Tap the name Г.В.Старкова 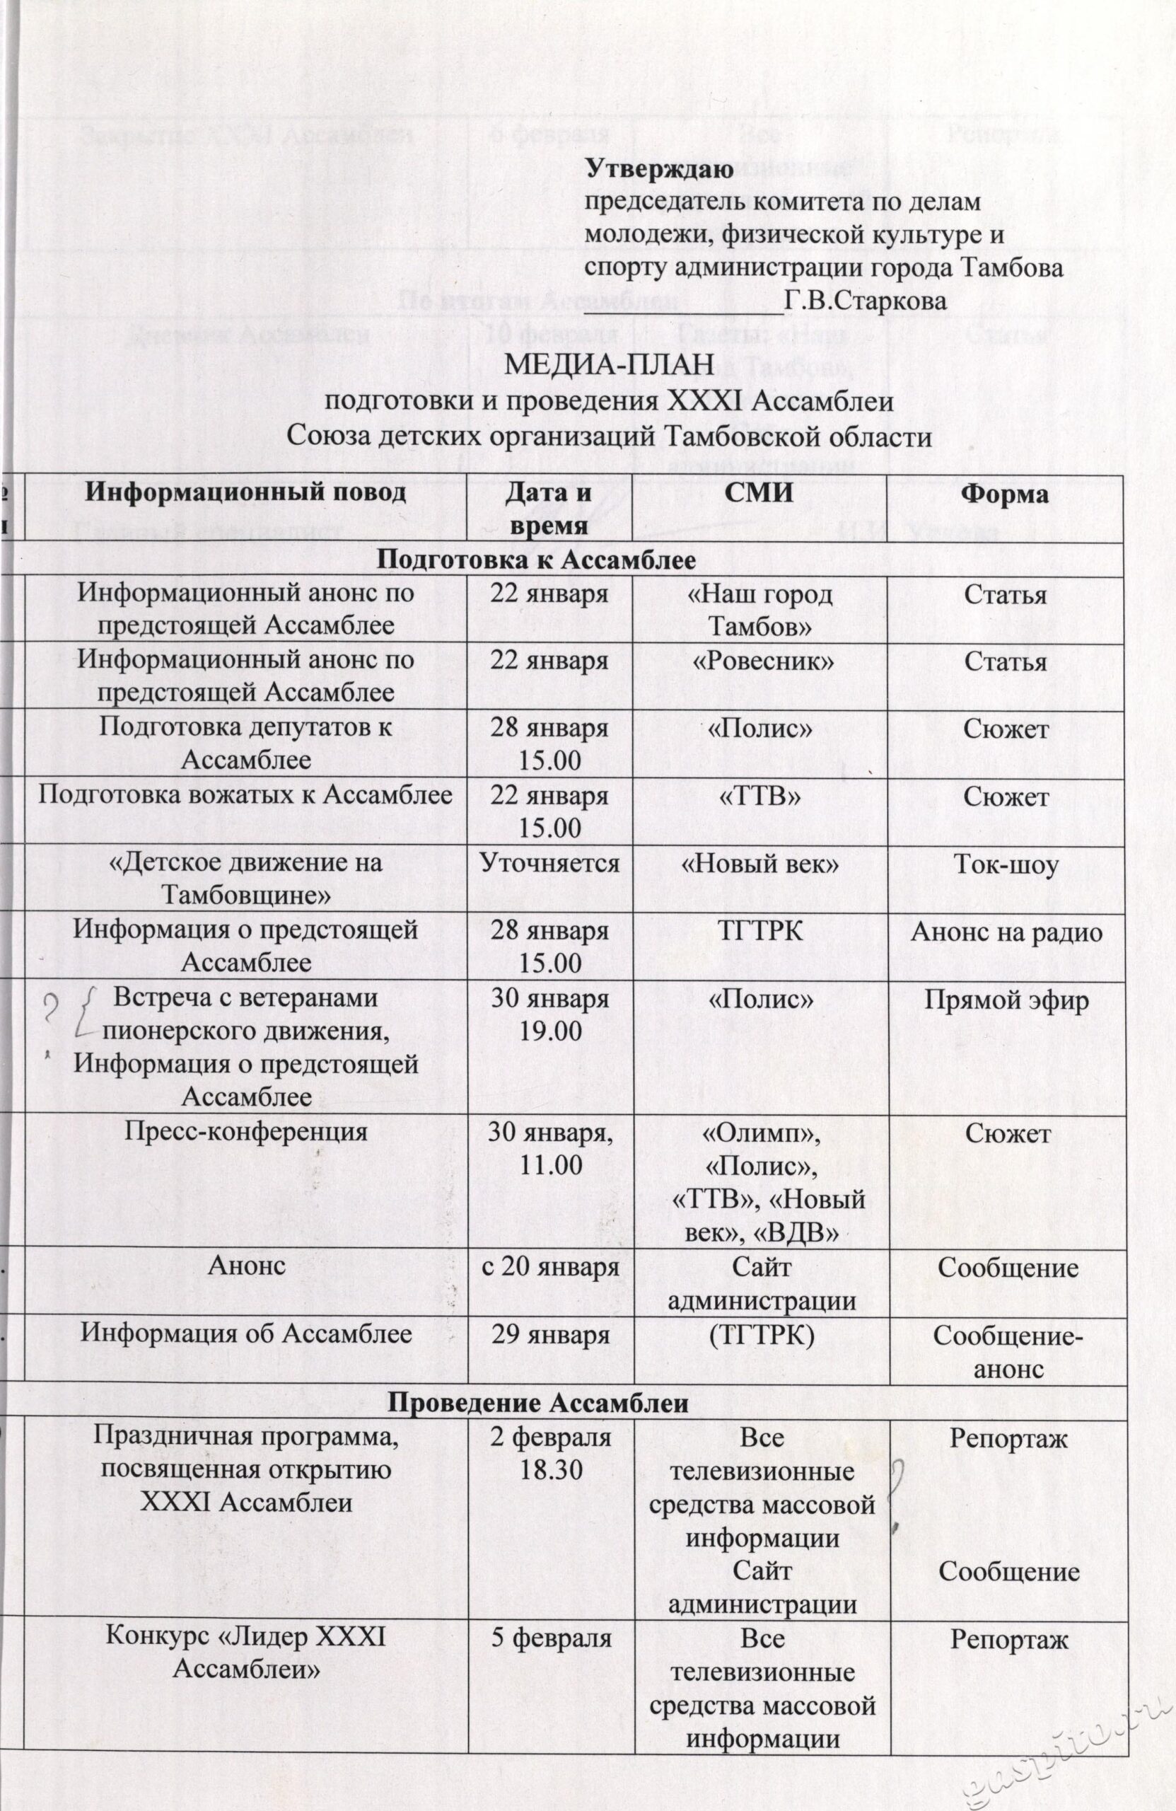click(x=866, y=300)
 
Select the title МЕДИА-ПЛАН click(x=610, y=366)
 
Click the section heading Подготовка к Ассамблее click(x=537, y=560)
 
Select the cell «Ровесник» click(x=762, y=661)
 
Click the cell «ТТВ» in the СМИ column click(x=760, y=796)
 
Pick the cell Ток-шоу click(x=1006, y=865)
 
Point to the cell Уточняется click(x=549, y=864)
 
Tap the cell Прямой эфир click(x=1006, y=1000)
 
